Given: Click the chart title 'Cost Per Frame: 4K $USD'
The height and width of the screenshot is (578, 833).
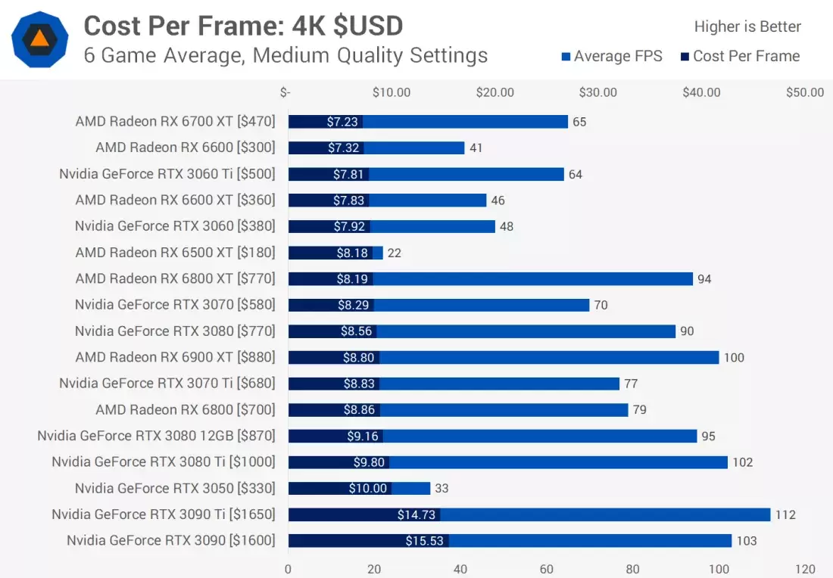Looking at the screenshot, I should (x=243, y=26).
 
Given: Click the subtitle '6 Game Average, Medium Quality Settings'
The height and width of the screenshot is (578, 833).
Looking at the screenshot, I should (x=285, y=55).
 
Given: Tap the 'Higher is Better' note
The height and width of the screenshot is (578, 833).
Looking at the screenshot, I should (x=747, y=26).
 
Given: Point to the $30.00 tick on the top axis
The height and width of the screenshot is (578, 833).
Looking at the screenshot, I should (x=598, y=92).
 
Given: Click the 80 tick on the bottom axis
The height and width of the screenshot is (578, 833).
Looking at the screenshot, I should (x=632, y=569).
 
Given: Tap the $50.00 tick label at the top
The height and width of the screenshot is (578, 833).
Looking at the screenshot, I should (x=805, y=92).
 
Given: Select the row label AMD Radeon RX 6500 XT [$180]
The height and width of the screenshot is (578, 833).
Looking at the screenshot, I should (x=175, y=252).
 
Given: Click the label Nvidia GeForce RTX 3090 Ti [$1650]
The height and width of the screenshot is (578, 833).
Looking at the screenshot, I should (x=164, y=514).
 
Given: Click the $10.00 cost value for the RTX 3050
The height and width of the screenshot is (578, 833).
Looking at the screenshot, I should (x=368, y=488).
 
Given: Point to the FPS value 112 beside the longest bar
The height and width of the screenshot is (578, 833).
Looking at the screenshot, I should (x=785, y=514).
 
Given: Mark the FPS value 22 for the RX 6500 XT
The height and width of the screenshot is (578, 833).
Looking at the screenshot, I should (x=394, y=253).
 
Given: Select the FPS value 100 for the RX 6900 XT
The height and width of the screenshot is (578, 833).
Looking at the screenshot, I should (x=734, y=357).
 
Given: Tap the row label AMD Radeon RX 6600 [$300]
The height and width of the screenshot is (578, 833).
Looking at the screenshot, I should (x=186, y=148).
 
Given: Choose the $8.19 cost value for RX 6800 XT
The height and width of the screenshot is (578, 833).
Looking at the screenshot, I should (x=352, y=278).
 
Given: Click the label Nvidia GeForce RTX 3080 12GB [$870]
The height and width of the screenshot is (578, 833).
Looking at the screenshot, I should (x=156, y=436).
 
